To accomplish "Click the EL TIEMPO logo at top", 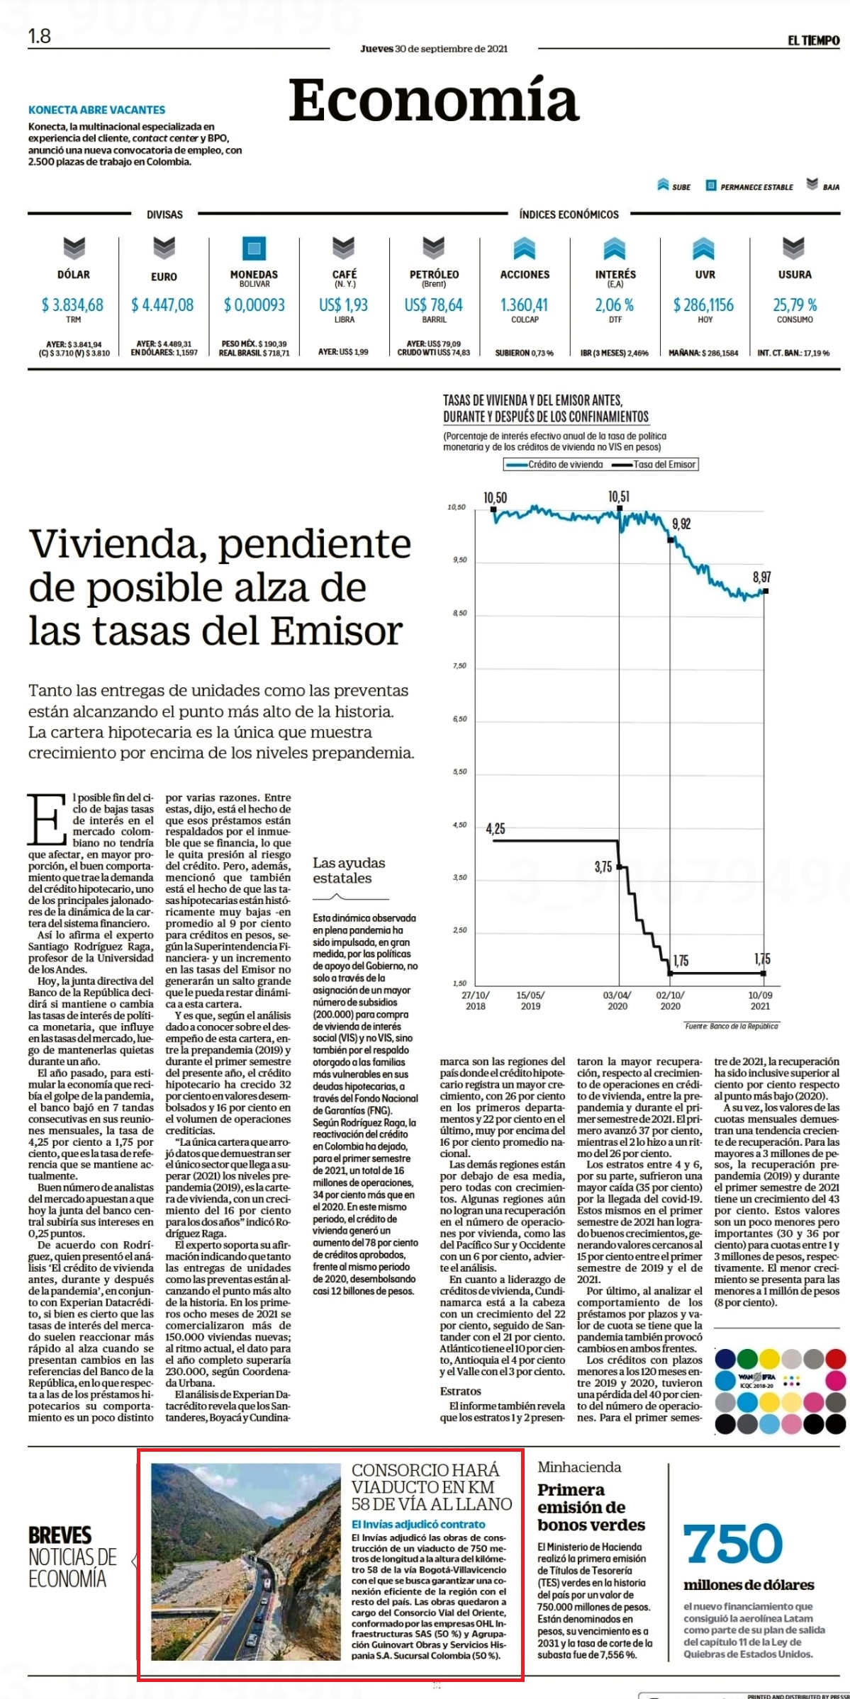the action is point(813,40).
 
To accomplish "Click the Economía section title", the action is point(434,100).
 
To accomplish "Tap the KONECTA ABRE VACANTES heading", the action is point(96,110).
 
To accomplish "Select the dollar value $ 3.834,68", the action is point(72,305).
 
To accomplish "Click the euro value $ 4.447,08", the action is point(162,305).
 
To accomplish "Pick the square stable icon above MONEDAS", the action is point(254,248).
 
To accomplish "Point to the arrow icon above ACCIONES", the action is point(524,248).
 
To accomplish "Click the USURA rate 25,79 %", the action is point(795,305).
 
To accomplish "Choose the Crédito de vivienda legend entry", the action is point(554,465).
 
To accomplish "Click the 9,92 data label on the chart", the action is point(681,524).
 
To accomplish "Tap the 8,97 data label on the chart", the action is point(762,577).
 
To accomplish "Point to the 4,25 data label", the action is point(496,828).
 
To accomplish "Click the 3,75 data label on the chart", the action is point(603,867).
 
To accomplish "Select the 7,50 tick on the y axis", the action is point(460,666).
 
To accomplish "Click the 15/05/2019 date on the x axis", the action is point(530,1000).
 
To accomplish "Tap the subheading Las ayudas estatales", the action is point(349,870).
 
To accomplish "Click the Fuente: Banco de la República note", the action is point(731,1026).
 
